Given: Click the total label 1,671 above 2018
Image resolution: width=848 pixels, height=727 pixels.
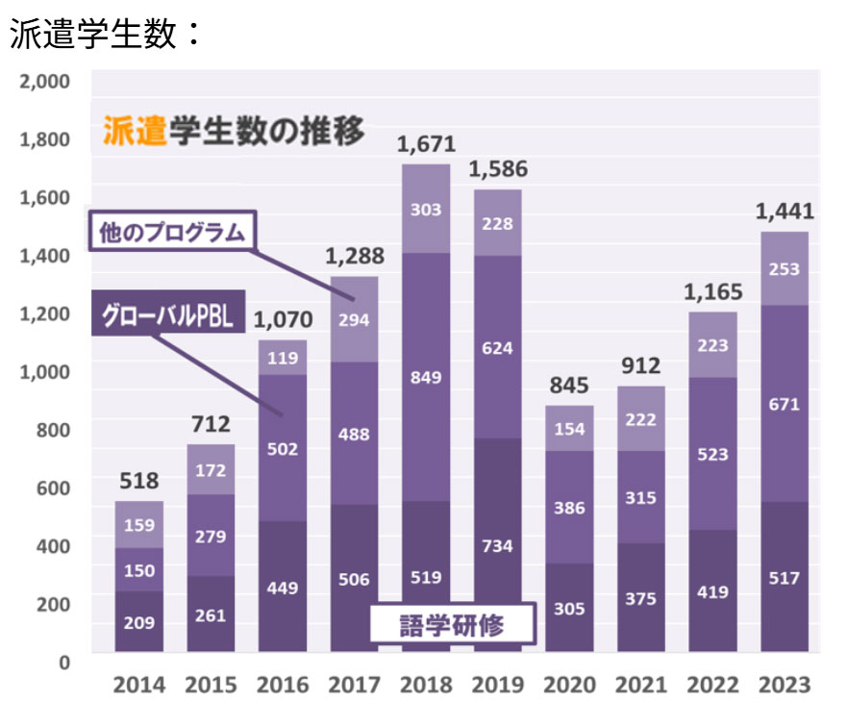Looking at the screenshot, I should [425, 146].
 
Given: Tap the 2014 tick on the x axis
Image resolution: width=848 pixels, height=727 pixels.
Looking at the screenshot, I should [139, 686].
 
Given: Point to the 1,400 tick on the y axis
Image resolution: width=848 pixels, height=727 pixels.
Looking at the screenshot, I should [45, 256].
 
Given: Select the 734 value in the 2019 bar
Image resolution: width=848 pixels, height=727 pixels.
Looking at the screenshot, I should [496, 546].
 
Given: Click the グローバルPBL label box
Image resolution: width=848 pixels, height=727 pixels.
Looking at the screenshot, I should [168, 313].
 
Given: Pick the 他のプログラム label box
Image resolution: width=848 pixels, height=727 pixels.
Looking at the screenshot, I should [171, 232].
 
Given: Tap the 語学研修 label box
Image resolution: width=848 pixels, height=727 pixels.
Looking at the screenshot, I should [451, 626].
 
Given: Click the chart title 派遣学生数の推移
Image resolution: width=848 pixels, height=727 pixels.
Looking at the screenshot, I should [234, 130].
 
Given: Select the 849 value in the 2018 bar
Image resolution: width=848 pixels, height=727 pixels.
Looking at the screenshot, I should [425, 377].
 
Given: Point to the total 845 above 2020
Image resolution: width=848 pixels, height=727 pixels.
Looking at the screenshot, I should [568, 387].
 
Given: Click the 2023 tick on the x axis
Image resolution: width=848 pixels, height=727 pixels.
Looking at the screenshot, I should [785, 686].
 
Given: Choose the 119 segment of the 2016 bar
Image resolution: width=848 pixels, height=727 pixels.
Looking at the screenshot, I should [283, 358].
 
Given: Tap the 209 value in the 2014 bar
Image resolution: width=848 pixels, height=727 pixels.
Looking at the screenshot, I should [139, 622].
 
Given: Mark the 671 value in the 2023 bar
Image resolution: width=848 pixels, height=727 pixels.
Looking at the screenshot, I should [785, 405].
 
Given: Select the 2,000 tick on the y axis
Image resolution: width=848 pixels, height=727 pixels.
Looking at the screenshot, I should [45, 81].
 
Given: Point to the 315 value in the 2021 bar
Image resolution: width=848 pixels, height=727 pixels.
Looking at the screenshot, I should [640, 497].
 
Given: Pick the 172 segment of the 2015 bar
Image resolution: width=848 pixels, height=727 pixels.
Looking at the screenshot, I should [212, 470].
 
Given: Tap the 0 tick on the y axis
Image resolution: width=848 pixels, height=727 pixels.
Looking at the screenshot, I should [64, 662].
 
